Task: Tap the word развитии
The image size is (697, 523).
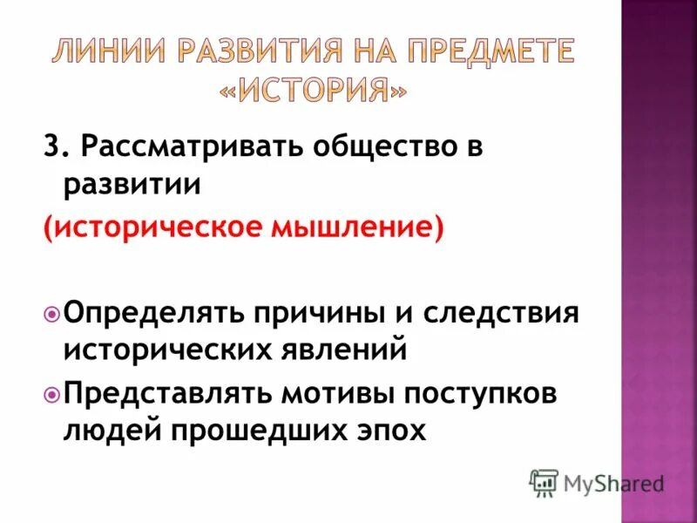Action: pos(132,184)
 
